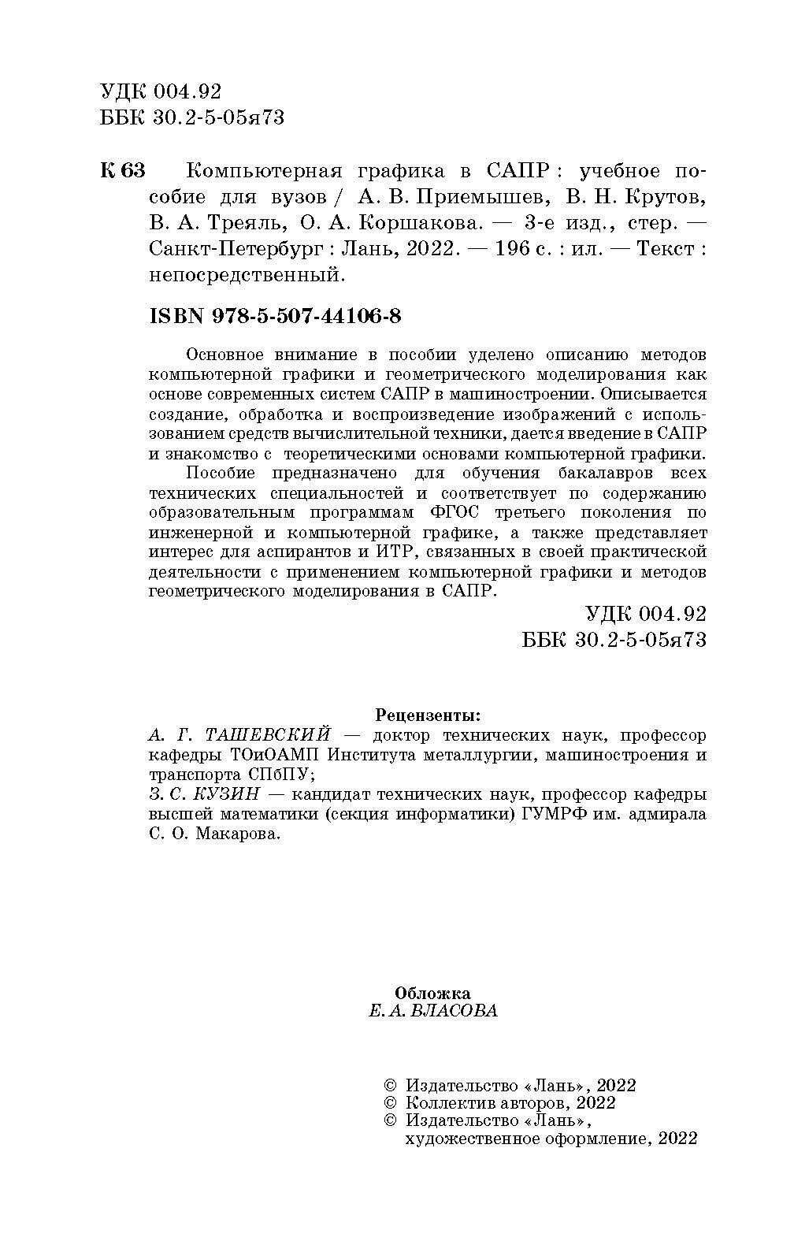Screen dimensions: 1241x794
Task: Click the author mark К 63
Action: coord(124,171)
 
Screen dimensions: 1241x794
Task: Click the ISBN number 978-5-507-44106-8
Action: coord(308,316)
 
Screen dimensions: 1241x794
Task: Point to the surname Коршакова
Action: coord(418,222)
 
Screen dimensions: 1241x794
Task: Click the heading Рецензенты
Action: coord(428,715)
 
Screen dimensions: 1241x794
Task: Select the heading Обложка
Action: coord(432,993)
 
